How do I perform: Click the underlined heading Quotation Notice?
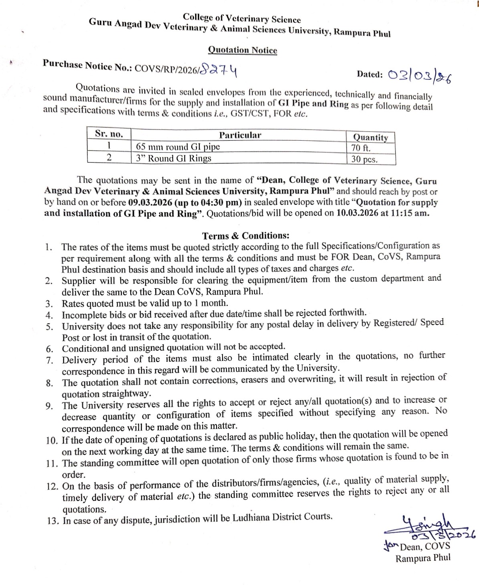[243, 50]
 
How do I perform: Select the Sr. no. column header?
[109, 134]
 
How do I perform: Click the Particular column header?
[240, 135]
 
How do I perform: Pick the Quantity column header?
[370, 138]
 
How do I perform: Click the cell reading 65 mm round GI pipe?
[178, 146]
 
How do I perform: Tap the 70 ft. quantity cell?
[361, 148]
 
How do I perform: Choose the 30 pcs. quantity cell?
[364, 159]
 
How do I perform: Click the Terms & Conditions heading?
[245, 236]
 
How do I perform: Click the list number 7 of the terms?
[49, 360]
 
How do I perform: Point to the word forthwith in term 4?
[348, 312]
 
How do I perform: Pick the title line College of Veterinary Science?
[242, 18]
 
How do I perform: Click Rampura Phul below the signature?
[422, 558]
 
